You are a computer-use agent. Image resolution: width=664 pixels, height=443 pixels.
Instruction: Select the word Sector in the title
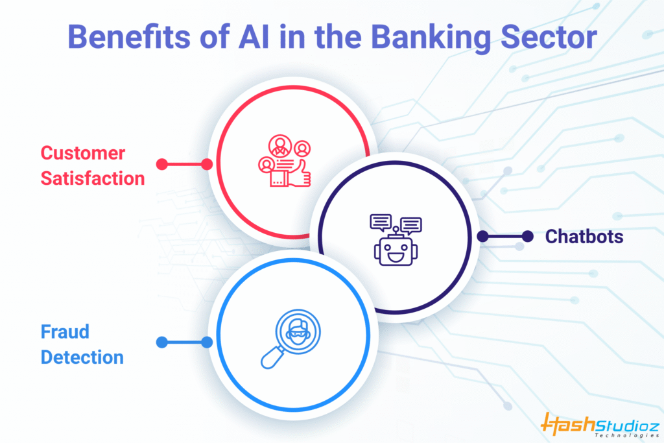(x=549, y=37)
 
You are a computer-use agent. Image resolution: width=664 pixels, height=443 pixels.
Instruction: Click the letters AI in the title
(x=254, y=37)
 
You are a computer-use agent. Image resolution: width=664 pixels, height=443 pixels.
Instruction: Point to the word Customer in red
(x=83, y=153)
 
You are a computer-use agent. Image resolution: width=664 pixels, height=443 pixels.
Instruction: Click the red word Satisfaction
(x=93, y=178)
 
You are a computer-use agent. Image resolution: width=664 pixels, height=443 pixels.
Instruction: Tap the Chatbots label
(x=584, y=236)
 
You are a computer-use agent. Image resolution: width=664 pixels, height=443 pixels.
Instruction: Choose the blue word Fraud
(x=65, y=331)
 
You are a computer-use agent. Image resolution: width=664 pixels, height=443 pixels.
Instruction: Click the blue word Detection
(x=82, y=357)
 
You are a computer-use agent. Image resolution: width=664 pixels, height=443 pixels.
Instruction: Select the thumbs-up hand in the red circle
(x=300, y=174)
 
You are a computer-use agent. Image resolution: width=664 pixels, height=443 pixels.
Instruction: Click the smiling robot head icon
(x=396, y=252)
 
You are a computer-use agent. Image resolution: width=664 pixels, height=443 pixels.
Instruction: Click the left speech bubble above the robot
(x=381, y=222)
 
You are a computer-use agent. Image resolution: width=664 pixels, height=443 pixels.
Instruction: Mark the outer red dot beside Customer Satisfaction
(x=161, y=164)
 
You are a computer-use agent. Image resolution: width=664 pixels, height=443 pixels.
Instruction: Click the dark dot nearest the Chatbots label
(x=528, y=236)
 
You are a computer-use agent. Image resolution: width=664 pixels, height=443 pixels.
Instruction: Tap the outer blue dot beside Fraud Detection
(x=161, y=342)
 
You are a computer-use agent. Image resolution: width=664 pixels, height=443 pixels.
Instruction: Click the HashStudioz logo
(x=600, y=424)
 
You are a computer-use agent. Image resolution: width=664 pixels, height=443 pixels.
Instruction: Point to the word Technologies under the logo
(x=627, y=435)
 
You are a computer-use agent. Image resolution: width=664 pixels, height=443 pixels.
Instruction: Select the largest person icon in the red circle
(x=280, y=146)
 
